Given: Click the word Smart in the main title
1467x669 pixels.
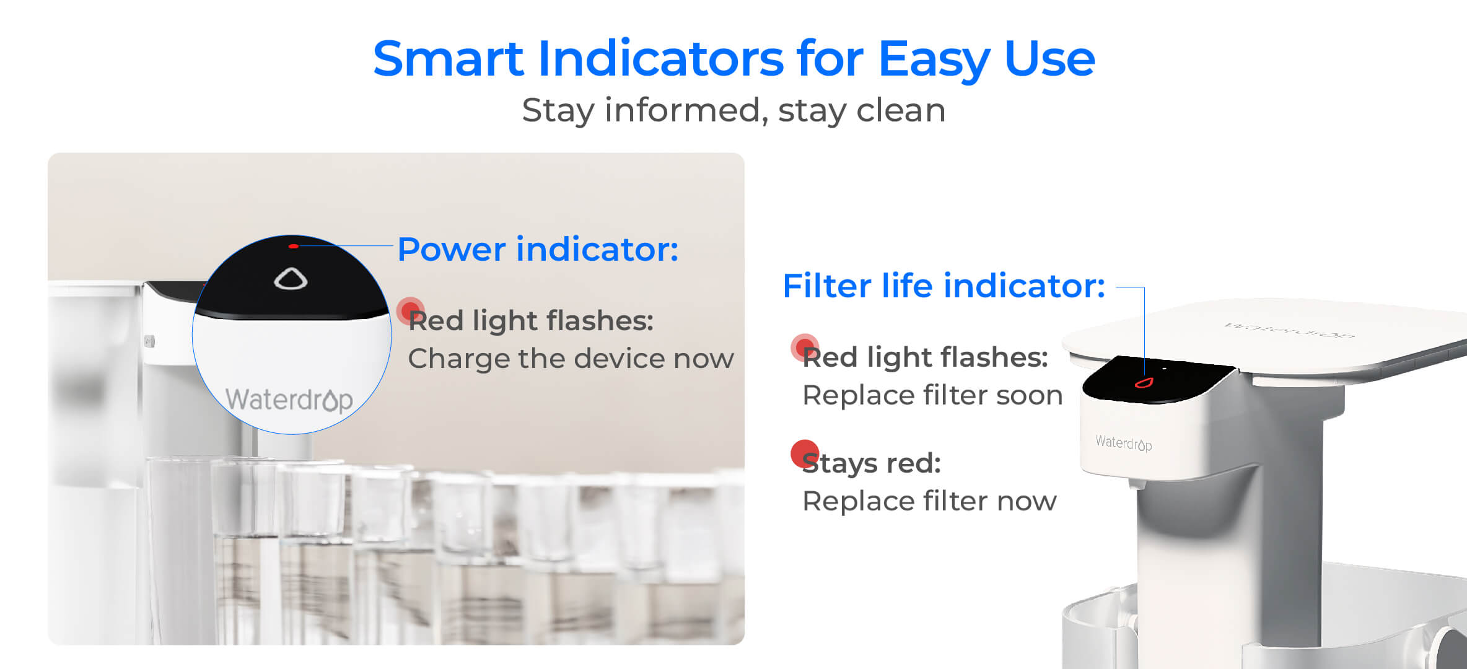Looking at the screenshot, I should tap(449, 59).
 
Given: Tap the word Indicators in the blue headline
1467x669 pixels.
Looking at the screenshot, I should tap(660, 59).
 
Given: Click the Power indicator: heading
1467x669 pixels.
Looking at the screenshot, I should tap(538, 249).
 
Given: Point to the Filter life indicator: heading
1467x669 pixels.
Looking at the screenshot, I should tap(944, 286).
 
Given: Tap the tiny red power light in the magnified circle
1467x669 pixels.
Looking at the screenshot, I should tap(294, 247).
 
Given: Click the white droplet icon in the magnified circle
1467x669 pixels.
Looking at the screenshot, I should tap(291, 279).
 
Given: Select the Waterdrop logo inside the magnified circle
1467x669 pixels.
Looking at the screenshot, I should tap(289, 400).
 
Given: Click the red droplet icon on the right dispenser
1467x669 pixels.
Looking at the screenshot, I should tap(1143, 383).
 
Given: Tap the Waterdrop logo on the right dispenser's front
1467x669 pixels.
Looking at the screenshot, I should tap(1123, 442).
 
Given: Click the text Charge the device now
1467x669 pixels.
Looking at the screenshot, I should tap(571, 359).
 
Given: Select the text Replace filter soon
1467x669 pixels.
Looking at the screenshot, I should tap(932, 395).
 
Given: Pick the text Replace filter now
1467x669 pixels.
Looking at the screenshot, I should tap(929, 501).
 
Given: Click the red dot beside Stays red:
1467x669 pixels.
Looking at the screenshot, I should tap(805, 453).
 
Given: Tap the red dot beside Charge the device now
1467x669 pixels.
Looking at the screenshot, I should tap(410, 310).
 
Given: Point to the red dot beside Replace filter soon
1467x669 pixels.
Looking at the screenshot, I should tap(804, 347).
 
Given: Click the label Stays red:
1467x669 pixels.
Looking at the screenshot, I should tap(872, 463).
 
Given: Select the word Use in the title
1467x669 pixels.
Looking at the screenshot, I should tap(1049, 59).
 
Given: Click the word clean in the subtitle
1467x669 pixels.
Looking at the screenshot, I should tap(901, 110).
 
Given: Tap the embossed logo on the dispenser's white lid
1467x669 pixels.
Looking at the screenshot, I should tap(1289, 330).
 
